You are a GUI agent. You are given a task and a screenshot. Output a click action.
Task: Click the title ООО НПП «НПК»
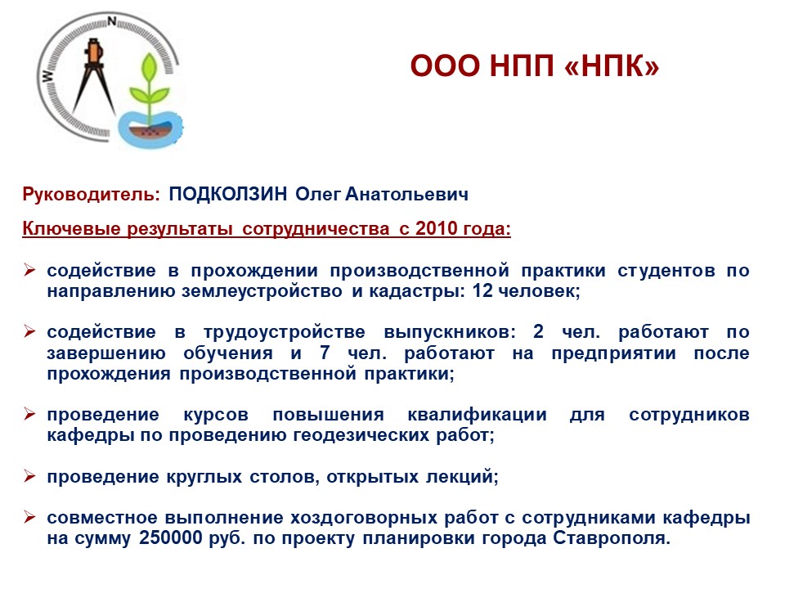(535, 65)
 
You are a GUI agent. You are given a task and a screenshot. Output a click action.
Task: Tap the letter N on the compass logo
(112, 21)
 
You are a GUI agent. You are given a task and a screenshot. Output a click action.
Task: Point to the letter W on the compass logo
(47, 75)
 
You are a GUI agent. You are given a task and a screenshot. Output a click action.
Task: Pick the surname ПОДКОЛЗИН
(228, 194)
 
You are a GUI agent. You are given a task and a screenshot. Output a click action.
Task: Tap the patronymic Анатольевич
(407, 195)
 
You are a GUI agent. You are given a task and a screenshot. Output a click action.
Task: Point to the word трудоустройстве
(285, 333)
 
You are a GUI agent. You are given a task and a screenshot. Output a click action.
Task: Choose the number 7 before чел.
(325, 353)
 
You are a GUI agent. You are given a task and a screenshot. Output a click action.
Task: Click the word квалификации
(477, 416)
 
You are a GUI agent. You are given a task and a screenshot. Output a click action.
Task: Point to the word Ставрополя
(612, 539)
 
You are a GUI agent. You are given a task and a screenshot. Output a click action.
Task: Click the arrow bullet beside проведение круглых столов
(29, 476)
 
